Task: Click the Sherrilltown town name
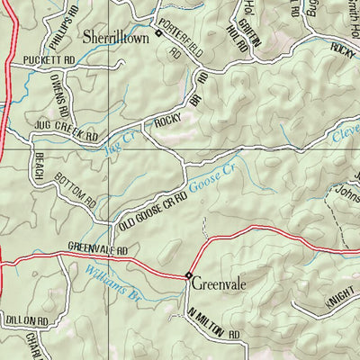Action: [114, 39]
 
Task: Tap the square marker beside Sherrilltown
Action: [158, 33]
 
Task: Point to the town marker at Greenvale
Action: [189, 274]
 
